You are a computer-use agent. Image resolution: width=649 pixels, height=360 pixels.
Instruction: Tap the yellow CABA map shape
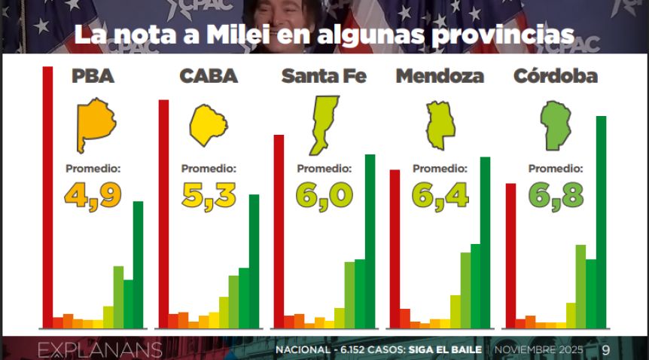(208, 126)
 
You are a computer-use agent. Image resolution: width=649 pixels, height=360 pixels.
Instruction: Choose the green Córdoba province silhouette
(556, 126)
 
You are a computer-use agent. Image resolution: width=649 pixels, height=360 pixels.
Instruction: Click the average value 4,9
(93, 195)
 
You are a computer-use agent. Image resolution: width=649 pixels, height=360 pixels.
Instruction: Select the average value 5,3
(209, 195)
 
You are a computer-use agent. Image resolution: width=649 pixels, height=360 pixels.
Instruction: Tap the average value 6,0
(324, 195)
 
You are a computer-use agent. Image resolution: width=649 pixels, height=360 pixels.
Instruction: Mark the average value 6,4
(440, 195)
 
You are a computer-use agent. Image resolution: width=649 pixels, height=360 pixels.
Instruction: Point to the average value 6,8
(556, 195)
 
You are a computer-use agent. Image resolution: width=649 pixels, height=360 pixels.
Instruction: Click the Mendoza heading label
(440, 76)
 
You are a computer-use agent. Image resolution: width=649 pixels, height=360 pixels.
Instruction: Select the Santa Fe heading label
(324, 76)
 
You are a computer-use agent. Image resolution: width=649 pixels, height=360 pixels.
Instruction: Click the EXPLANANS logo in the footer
(100, 350)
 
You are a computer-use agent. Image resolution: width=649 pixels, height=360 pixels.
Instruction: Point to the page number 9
(605, 350)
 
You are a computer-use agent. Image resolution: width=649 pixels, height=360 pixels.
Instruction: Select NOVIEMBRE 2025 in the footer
(539, 350)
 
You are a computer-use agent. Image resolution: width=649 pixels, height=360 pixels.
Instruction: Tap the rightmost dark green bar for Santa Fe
(370, 241)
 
